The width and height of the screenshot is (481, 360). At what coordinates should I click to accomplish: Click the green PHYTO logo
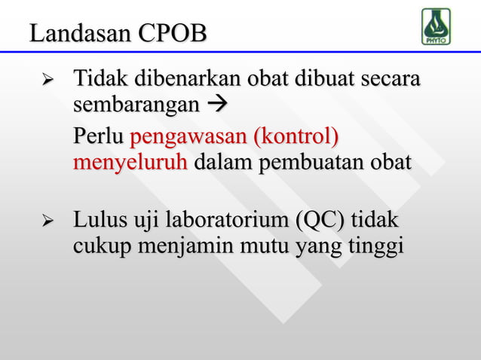436,26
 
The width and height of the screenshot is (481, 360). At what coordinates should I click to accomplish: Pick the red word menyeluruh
130,162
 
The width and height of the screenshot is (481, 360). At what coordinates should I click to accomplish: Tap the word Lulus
96,222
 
